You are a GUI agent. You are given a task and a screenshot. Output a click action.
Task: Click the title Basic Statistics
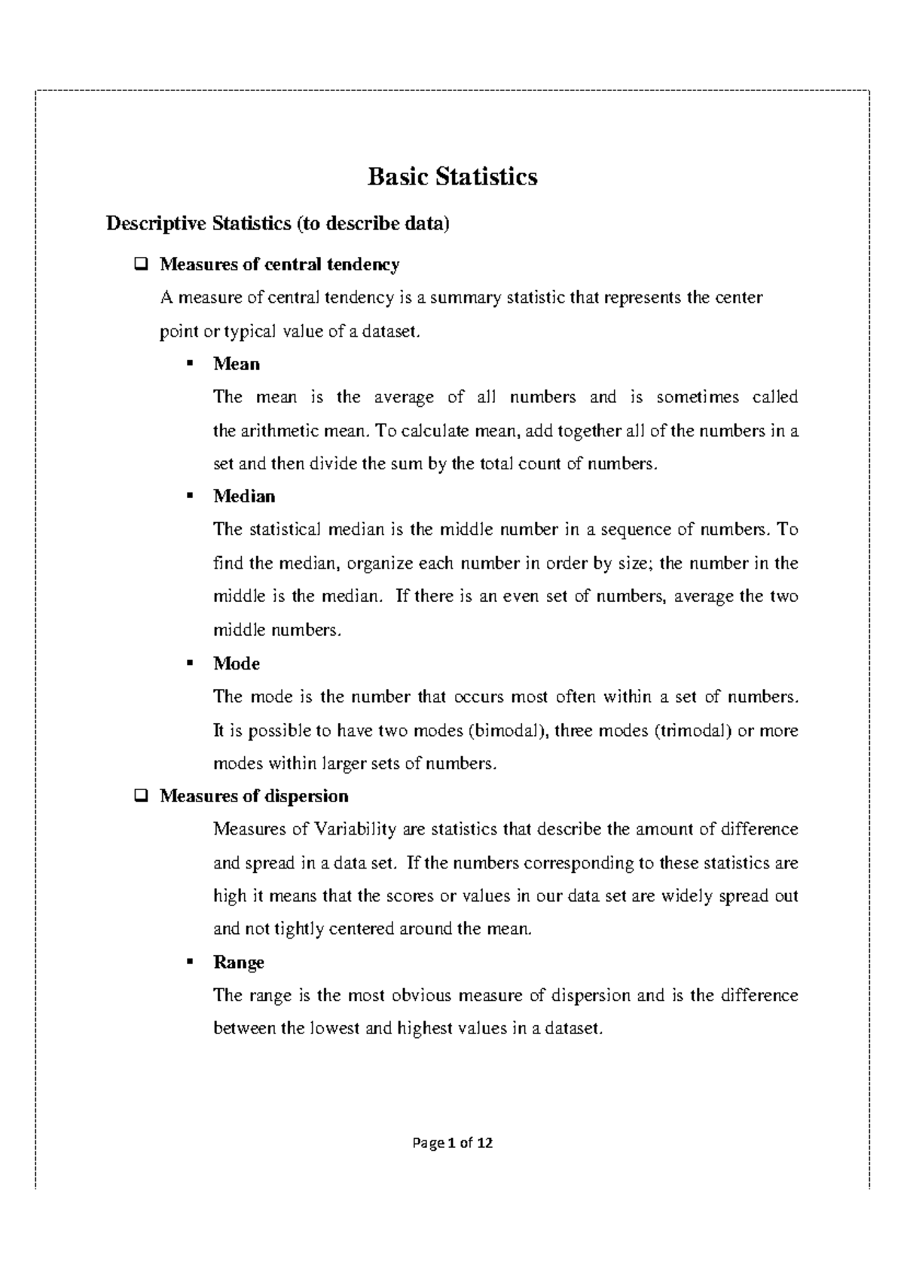coord(452,177)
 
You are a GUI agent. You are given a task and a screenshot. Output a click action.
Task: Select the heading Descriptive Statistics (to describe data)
coord(277,224)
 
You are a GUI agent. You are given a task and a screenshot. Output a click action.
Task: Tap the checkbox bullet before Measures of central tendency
coord(139,264)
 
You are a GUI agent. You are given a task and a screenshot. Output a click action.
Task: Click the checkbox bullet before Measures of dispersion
coord(139,796)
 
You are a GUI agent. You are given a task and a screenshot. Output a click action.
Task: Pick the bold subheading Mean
coord(237,364)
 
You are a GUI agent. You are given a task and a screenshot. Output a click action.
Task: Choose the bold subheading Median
coord(244,496)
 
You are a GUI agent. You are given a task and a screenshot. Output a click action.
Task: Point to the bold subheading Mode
coord(237,664)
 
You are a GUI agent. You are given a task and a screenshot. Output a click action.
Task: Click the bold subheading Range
coord(239,963)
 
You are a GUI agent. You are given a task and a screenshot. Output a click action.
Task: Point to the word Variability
coord(355,830)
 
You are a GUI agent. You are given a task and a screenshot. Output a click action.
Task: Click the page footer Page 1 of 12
coord(452,1143)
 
